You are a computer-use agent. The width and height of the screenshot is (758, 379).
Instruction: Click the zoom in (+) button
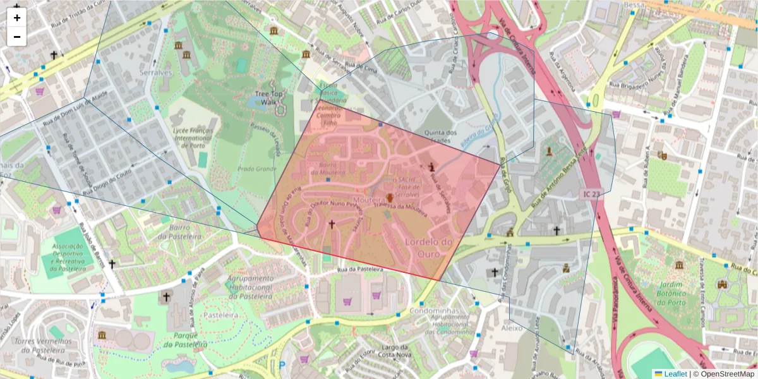pyautogui.click(x=17, y=18)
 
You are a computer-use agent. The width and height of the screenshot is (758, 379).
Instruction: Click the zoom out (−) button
pyautogui.click(x=17, y=36)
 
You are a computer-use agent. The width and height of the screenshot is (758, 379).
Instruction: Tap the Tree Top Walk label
pyautogui.click(x=269, y=98)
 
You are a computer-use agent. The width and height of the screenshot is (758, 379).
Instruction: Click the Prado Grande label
pyautogui.click(x=257, y=169)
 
